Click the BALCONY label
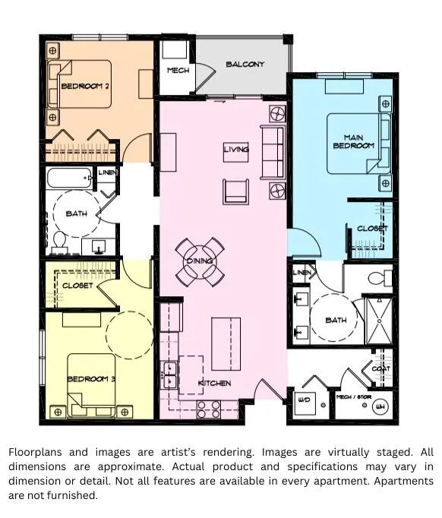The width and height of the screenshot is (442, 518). [x=245, y=64]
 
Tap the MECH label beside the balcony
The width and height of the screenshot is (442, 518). [x=178, y=71]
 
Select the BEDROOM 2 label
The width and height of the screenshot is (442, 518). [x=85, y=87]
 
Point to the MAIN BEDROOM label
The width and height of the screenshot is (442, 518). [x=354, y=141]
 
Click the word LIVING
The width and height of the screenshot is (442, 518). [x=236, y=150]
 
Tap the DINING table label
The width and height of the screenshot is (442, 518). [x=200, y=261]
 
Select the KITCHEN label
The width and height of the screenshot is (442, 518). [x=214, y=384]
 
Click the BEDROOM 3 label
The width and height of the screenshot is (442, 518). [x=91, y=378]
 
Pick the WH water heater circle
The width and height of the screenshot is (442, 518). [x=380, y=406]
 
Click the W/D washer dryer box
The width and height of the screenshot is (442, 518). [x=304, y=403]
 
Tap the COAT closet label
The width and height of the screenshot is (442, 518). [x=381, y=368]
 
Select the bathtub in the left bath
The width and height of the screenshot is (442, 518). [x=69, y=178]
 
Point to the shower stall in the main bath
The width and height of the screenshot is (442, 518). [x=379, y=321]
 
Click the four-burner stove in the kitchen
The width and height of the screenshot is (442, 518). [x=208, y=409]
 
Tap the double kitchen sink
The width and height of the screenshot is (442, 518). [x=170, y=374]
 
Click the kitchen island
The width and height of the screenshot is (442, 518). [x=226, y=344]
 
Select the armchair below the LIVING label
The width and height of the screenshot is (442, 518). [x=236, y=191]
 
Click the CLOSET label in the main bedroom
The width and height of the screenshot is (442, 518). [x=372, y=229]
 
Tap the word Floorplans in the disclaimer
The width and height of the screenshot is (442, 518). [x=35, y=452]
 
